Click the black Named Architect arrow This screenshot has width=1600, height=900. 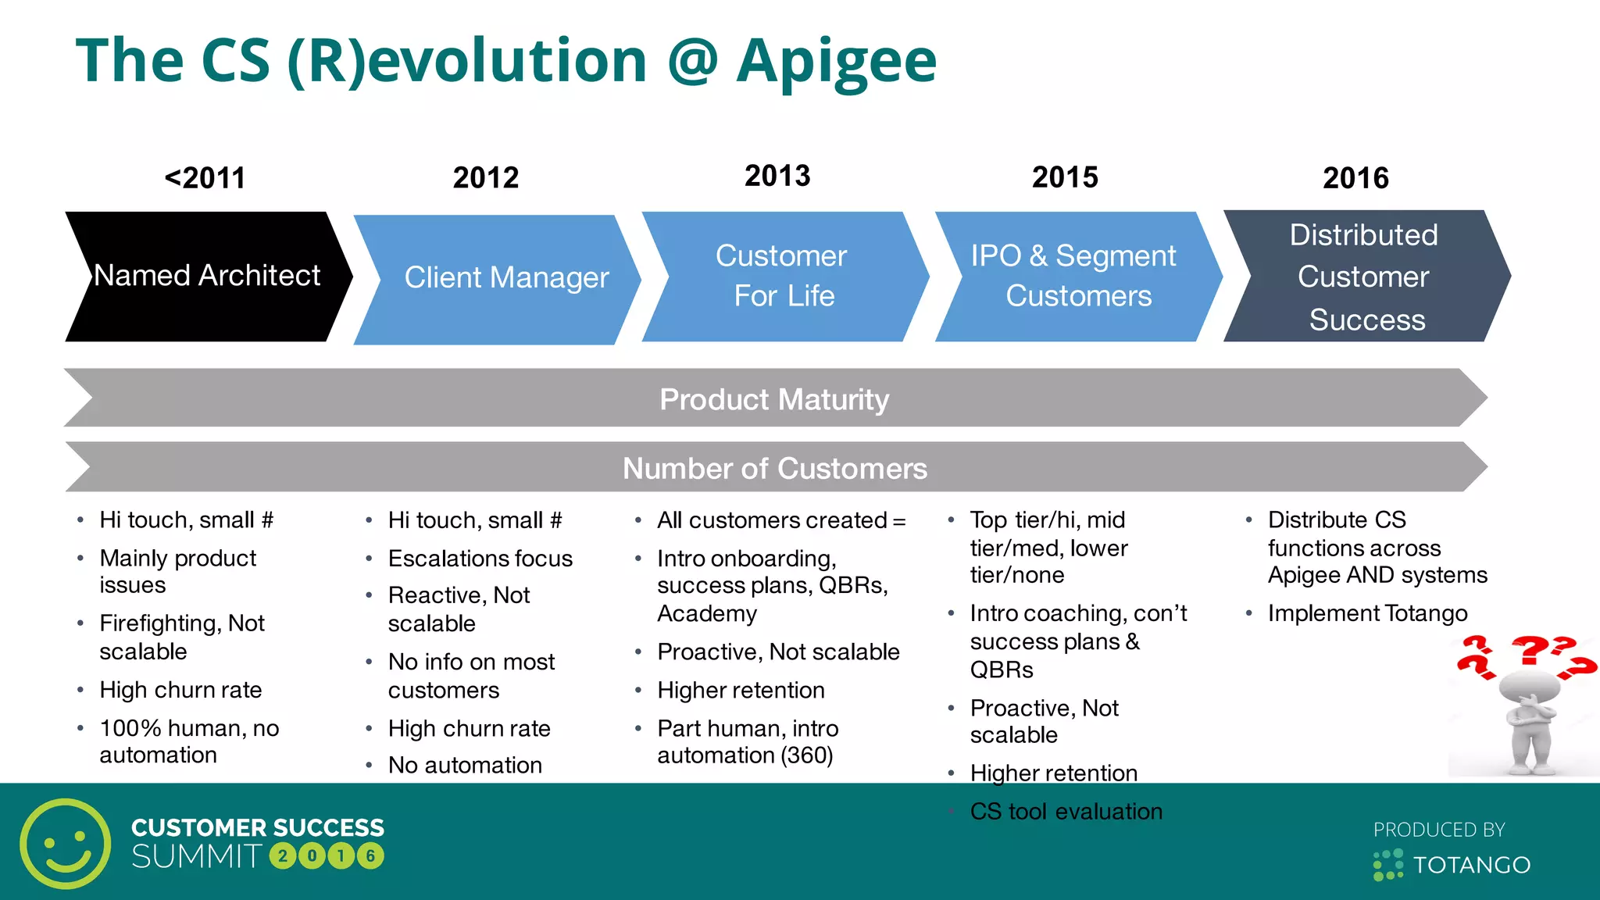(x=207, y=276)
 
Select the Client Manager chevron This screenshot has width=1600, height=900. (x=500, y=278)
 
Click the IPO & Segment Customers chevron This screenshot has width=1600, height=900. (x=1074, y=276)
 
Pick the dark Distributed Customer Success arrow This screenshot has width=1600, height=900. (x=1364, y=276)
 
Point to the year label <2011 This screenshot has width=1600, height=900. (x=205, y=178)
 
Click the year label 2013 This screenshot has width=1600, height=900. (x=777, y=177)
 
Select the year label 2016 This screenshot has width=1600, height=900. (x=1355, y=178)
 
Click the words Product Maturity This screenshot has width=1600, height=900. (x=773, y=399)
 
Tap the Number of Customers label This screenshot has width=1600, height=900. (x=774, y=468)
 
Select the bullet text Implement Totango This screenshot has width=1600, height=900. (x=1367, y=613)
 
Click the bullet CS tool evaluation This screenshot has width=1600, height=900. (x=1066, y=812)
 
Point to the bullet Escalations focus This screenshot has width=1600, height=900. (x=480, y=559)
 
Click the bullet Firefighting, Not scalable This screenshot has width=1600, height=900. (x=181, y=637)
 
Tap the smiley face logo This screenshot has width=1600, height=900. (x=66, y=844)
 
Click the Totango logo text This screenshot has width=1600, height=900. (x=1471, y=865)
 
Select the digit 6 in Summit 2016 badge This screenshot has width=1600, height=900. (x=371, y=856)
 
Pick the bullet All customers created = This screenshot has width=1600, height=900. (x=780, y=520)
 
